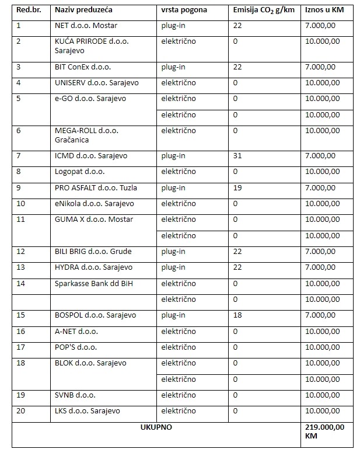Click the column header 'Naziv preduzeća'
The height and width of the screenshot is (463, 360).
84,10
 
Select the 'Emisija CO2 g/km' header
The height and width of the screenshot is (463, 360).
263,10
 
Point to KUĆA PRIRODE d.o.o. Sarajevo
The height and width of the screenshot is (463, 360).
92,46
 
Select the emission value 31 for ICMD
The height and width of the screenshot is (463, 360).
237,156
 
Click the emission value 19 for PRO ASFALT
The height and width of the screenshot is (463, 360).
237,188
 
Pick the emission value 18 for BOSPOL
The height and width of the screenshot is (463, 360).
237,315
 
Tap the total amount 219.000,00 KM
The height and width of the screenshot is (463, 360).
325,432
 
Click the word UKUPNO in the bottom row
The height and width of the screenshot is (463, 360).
156,427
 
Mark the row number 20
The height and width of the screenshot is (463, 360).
21,411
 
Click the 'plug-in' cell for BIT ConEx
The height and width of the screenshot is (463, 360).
173,67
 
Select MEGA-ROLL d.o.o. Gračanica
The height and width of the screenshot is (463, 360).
86,135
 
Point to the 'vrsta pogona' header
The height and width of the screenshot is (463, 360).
184,10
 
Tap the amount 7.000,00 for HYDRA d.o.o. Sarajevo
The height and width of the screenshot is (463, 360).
320,267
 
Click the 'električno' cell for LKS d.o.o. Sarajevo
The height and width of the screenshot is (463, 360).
179,411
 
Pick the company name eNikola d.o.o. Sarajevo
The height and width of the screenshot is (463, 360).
95,204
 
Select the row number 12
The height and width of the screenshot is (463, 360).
21,252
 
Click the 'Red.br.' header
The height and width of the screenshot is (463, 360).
27,10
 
